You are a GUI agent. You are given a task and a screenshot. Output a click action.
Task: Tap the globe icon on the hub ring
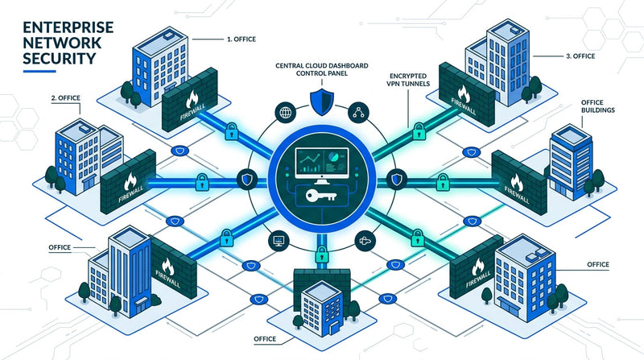[x=287, y=114]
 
